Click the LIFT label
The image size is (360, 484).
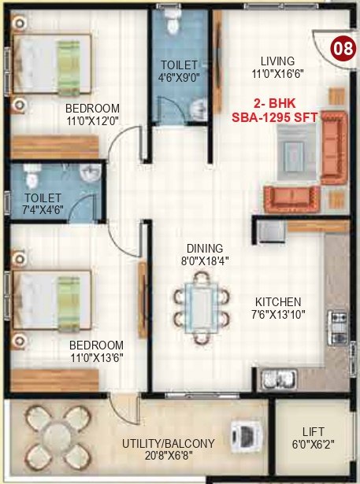[x=314, y=432]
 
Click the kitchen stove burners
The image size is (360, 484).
[x=340, y=323]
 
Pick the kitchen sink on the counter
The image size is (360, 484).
[x=276, y=379]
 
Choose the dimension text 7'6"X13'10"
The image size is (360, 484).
[x=279, y=314]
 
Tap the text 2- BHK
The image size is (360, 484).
[x=272, y=103]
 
